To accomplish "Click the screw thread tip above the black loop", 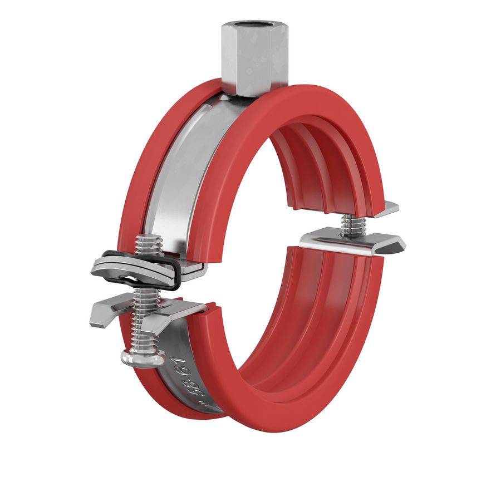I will click(150, 245).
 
